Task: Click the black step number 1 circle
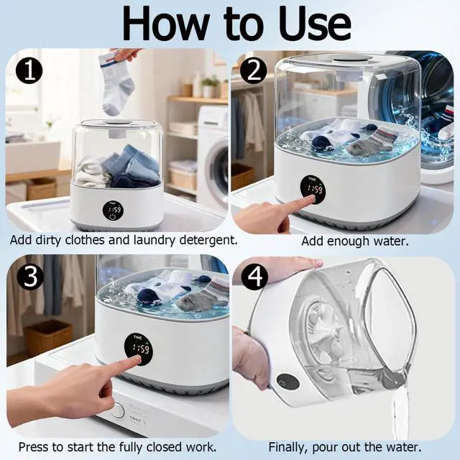(29, 70)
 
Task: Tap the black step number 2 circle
(254, 70)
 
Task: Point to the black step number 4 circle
(254, 276)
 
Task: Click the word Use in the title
(315, 24)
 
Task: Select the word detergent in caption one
(208, 241)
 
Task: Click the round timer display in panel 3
(139, 349)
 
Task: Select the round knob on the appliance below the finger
(117, 410)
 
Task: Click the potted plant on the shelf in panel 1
(211, 86)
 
